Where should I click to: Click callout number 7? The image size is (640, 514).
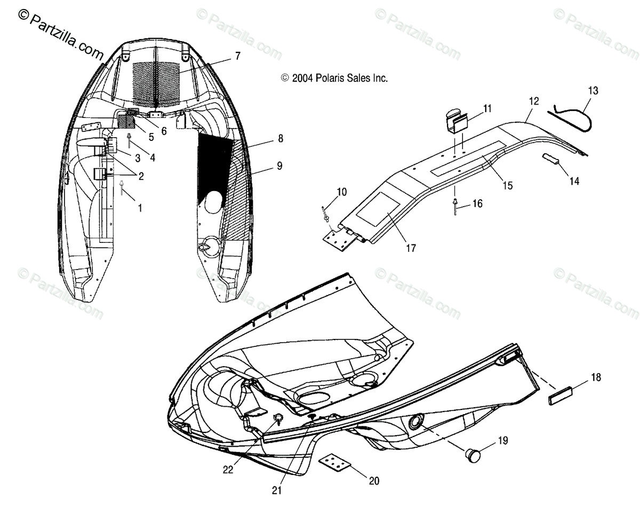pos(237,56)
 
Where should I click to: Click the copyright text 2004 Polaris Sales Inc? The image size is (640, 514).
pos(334,78)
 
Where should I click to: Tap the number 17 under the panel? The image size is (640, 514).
pos(411,248)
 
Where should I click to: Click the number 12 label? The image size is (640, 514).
pos(534,100)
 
